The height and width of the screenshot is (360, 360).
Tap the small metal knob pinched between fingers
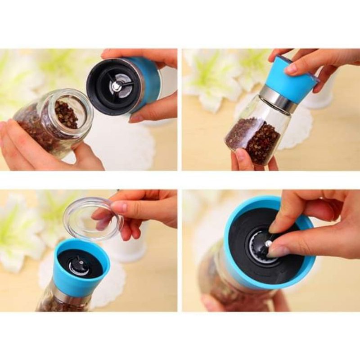point(268,243)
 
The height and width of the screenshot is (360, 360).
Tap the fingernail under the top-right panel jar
point(240,155)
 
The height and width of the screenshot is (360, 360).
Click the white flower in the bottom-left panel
point(18,234)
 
